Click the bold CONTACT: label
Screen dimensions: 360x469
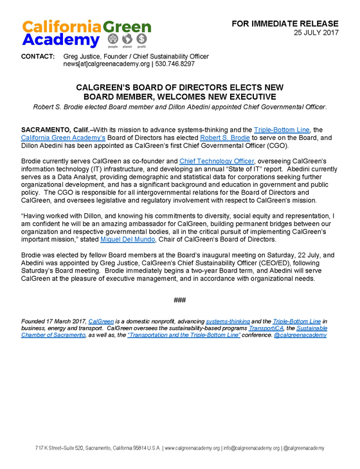[x=38, y=57]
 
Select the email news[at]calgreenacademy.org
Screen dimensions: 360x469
[x=105, y=65]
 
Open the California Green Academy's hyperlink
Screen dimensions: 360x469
[x=60, y=137]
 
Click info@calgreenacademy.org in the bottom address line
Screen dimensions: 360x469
[x=244, y=448]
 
